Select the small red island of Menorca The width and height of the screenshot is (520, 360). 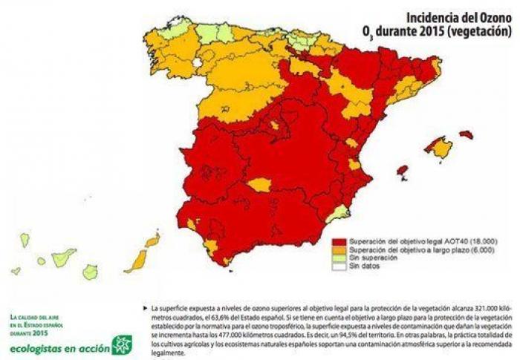[466, 134]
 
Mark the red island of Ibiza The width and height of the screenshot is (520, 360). [402, 171]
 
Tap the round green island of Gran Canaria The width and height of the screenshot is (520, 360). [90, 272]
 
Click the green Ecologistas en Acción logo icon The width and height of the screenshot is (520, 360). [121, 344]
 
